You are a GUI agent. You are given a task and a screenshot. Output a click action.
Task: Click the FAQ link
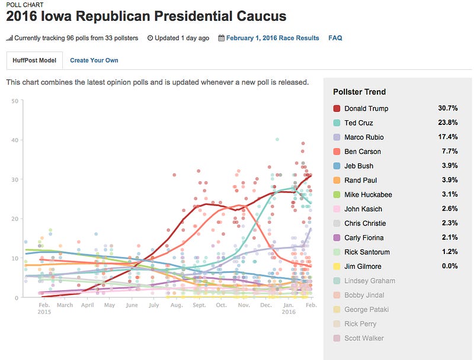coord(335,38)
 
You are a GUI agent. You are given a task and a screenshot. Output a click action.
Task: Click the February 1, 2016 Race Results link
coord(273,38)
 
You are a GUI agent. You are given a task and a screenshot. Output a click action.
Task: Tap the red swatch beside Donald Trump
coord(337,108)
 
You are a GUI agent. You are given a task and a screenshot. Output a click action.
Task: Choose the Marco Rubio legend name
coord(364,137)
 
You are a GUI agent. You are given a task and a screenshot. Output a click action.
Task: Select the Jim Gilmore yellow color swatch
coord(337,266)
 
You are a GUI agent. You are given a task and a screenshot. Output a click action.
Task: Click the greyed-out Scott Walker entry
coord(364,338)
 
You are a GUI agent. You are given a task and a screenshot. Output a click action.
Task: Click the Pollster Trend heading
coord(359,92)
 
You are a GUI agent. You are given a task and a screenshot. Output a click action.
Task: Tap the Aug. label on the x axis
coord(176,306)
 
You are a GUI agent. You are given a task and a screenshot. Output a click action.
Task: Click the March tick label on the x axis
coord(65,306)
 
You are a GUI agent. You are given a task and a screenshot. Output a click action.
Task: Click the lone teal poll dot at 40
coord(277,140)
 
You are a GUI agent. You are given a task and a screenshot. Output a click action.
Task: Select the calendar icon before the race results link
coord(222,38)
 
